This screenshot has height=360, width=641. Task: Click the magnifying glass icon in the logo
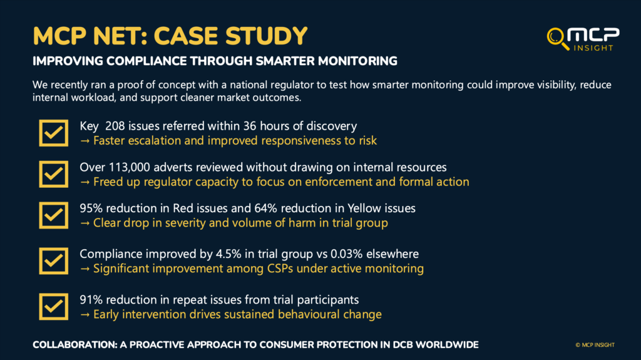pos(556,38)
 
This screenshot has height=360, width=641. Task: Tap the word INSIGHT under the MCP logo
pos(593,48)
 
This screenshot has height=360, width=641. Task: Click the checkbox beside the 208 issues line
pos(54,133)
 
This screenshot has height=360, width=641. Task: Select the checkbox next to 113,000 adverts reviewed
pos(54,174)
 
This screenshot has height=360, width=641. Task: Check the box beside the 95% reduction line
pos(54,215)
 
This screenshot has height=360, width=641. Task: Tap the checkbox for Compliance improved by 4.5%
pos(54,261)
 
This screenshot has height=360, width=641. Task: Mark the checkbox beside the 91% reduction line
pos(54,307)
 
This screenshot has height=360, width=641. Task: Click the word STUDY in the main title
pos(266,36)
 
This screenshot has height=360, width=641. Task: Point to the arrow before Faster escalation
pos(85,141)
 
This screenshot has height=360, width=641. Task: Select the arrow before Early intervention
pos(85,314)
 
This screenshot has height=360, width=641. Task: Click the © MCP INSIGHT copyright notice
pos(595,345)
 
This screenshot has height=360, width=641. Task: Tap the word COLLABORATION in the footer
pos(75,345)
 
